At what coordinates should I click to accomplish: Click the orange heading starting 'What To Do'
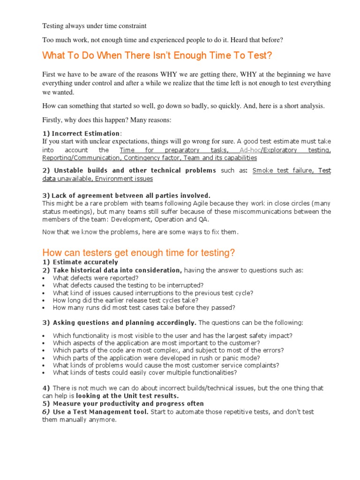click(x=157, y=56)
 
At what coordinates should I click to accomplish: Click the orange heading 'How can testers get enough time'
click(x=138, y=253)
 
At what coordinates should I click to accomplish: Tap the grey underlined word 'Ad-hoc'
click(x=249, y=150)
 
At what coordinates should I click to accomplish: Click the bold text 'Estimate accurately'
click(x=85, y=262)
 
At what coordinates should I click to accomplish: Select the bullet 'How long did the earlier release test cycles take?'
click(x=126, y=300)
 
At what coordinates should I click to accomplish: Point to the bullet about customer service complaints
click(x=166, y=365)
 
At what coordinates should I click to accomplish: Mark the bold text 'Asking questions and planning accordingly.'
click(x=124, y=322)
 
